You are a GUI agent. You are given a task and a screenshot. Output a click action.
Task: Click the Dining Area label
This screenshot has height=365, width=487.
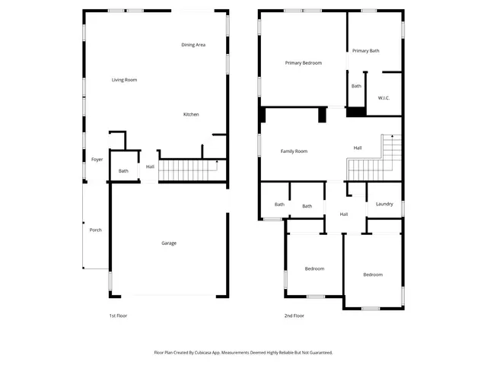coord(193,45)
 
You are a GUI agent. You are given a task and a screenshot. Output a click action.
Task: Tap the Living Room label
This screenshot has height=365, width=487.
coord(124,80)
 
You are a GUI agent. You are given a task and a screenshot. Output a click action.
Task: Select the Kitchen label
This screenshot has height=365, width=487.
coord(191,115)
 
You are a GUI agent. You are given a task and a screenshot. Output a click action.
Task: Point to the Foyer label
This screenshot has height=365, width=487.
coord(97,160)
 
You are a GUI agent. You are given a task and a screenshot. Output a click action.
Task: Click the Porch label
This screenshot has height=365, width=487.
coord(96,230)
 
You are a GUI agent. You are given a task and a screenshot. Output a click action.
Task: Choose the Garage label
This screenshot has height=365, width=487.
coord(169,243)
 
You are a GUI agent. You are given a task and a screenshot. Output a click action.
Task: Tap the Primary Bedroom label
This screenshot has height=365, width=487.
coord(304,62)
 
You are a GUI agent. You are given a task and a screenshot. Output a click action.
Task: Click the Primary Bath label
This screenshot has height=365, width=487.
coord(366,51)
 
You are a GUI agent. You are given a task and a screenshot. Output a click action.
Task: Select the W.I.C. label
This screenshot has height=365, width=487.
coord(384,97)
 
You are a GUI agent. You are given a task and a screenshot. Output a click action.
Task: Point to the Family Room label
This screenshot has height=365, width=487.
coord(294,151)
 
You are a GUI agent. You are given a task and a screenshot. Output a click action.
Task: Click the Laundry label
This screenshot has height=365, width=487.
coord(384,204)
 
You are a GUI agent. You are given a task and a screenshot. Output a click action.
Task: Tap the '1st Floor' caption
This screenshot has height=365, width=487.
coord(117,316)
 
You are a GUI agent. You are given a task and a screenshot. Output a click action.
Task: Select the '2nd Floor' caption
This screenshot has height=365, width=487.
coord(294,316)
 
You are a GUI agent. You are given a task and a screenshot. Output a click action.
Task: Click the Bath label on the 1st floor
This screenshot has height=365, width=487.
coord(123,171)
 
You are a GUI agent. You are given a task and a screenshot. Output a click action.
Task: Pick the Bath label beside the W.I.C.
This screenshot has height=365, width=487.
coord(356,86)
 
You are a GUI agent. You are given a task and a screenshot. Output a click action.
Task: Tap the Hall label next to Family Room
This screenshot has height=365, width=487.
coord(358,148)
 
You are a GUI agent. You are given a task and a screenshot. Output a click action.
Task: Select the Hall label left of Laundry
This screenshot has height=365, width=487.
coord(344,214)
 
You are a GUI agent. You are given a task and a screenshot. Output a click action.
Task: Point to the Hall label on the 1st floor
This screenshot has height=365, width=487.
coord(150,167)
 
